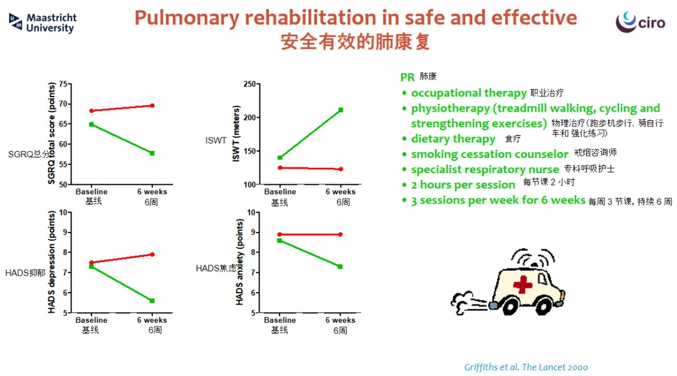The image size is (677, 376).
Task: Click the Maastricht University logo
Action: coord(43,23)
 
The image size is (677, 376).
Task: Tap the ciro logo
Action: coord(640,21)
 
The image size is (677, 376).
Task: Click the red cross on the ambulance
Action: coord(522,285)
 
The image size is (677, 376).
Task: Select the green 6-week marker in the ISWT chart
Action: coord(340,110)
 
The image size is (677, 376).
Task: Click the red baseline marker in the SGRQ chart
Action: coord(92,111)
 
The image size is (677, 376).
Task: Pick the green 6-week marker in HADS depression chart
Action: coord(152,300)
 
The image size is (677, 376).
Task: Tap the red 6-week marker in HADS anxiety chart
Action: coord(340,234)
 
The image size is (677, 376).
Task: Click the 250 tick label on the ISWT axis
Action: coord(249,84)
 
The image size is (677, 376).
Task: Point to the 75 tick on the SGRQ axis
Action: coord(63,84)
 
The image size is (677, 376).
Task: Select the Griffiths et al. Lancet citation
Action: coord(526,367)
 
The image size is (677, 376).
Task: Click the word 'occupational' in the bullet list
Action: coord(446,93)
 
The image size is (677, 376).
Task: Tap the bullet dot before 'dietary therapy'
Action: coord(404,139)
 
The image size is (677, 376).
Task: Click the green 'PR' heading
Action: coord(407,77)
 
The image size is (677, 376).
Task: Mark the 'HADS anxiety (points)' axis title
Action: coord(239,262)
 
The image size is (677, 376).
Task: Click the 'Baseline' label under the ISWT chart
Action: coord(280,192)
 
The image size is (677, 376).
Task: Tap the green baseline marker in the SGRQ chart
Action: coord(92,124)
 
